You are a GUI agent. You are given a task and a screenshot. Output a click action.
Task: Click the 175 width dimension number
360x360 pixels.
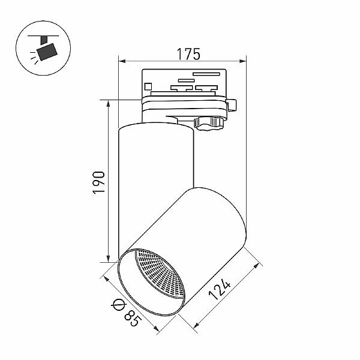tap(188, 54)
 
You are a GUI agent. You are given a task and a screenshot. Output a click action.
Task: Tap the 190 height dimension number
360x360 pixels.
tap(99, 182)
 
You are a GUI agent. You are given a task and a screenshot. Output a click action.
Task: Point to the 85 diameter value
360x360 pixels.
tap(132, 318)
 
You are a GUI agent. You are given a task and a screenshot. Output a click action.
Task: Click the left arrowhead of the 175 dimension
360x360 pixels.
tap(122, 61)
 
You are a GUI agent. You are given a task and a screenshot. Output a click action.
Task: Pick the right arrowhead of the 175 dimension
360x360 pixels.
tap(242, 61)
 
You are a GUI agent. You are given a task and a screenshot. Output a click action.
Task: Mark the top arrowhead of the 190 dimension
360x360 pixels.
tap(108, 104)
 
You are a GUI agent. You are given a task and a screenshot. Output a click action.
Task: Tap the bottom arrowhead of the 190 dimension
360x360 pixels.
tap(108, 258)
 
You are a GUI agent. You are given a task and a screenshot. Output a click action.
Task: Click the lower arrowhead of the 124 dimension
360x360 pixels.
tap(197, 325)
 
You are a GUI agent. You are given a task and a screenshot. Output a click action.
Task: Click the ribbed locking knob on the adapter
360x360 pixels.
tap(209, 124)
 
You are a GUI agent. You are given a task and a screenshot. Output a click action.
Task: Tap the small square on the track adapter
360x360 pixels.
tap(148, 86)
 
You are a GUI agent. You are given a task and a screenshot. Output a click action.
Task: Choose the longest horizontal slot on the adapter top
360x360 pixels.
tap(206, 74)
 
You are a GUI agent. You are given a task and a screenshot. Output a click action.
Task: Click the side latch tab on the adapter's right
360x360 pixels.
tap(232, 105)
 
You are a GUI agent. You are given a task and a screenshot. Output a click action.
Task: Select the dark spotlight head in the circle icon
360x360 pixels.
tap(47, 52)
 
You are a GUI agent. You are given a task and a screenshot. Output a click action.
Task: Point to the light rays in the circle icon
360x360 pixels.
tap(34, 58)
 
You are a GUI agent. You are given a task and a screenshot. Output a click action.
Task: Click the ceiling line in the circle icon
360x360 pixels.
tap(43, 36)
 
